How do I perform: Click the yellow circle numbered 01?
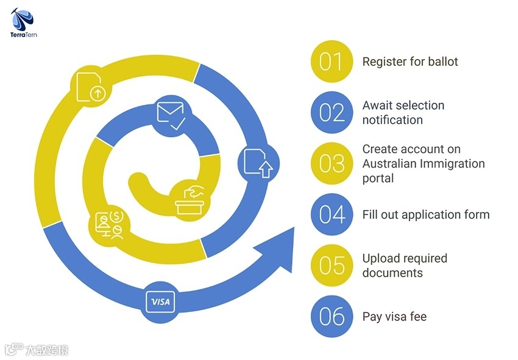(332, 62)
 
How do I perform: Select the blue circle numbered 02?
(332, 113)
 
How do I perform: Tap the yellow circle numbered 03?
(332, 164)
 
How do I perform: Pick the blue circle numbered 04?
(332, 214)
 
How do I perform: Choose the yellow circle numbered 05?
(332, 266)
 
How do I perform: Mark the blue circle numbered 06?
(332, 316)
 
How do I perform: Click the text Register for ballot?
(410, 62)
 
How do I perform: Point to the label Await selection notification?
(403, 113)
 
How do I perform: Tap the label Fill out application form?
(425, 214)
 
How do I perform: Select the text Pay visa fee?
(394, 316)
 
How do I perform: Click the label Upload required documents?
(405, 266)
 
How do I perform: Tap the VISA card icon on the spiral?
(161, 302)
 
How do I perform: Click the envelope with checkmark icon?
(171, 115)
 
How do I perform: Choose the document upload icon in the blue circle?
(258, 161)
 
